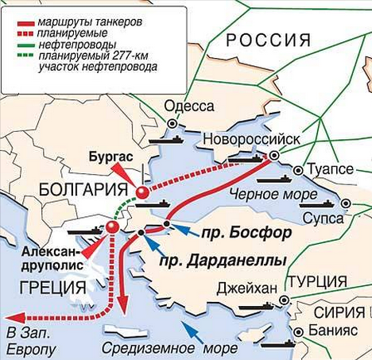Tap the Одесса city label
188,107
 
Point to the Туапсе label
328,169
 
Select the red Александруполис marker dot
112,228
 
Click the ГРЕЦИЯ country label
46,287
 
